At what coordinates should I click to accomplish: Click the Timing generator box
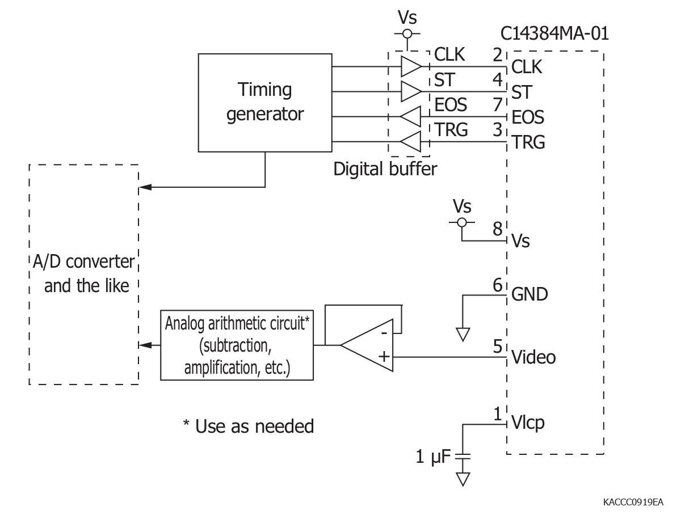tap(264, 102)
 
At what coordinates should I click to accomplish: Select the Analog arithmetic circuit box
tap(237, 345)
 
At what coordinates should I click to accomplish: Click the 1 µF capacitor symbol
tap(464, 455)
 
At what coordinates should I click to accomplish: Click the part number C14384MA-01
tap(554, 33)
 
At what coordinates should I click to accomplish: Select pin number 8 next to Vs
tap(497, 229)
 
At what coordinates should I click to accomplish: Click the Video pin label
tap(533, 357)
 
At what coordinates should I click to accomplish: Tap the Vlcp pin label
tap(528, 423)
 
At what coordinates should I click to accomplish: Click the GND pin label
tap(529, 294)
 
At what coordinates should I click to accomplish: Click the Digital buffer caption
tap(385, 169)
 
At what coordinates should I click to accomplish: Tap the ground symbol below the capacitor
tap(464, 479)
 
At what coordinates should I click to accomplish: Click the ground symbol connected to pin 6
tap(463, 334)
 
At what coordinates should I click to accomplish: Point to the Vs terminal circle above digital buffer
tap(407, 34)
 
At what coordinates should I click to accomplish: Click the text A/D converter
tap(83, 262)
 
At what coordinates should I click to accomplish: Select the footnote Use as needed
tap(248, 426)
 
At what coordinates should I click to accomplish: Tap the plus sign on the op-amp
tap(384, 357)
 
